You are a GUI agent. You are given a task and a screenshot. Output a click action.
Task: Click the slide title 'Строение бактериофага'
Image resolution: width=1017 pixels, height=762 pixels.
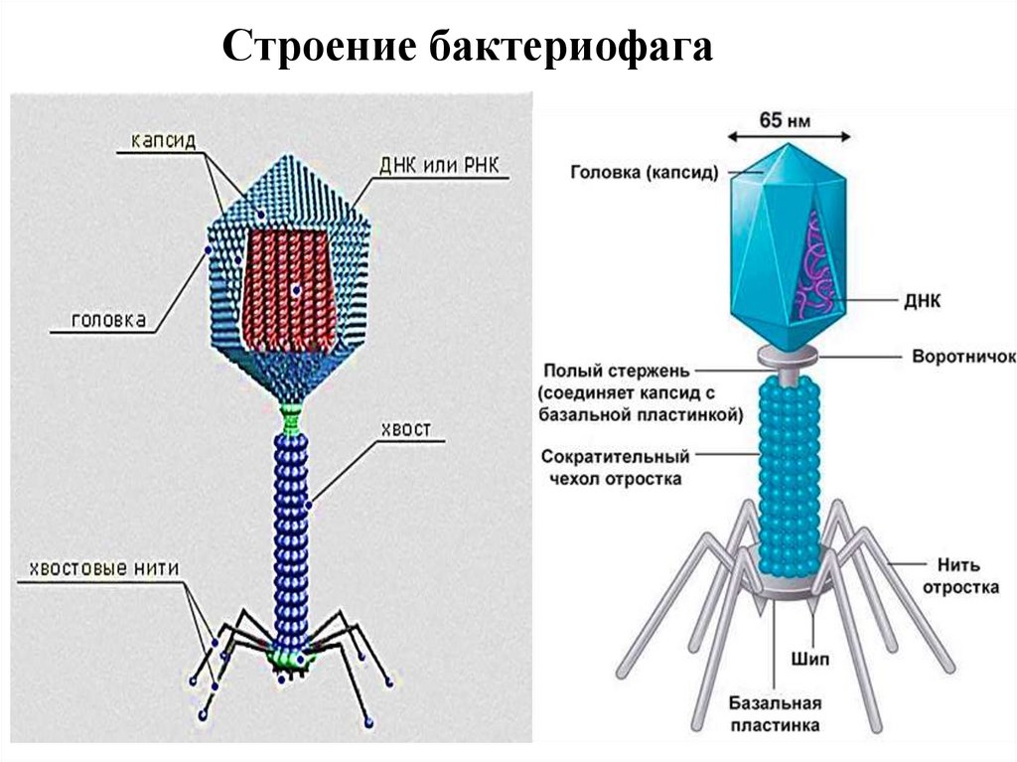[x=467, y=48]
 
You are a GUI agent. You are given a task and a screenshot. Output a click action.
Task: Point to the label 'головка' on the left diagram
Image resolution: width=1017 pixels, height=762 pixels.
[x=109, y=320]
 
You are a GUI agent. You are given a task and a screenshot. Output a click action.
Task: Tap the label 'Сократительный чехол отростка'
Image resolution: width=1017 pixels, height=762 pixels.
[x=616, y=468]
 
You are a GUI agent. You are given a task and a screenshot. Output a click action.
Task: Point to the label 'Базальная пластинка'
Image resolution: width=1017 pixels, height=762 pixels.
[x=775, y=714]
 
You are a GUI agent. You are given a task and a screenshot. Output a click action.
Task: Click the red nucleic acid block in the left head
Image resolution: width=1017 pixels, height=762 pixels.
[x=293, y=290]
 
